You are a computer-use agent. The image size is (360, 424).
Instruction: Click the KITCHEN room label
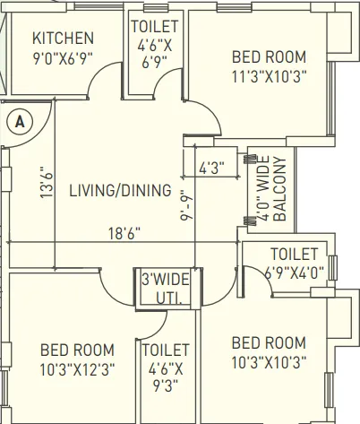click(x=63, y=39)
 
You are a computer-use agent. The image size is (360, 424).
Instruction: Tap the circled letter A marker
click(x=19, y=119)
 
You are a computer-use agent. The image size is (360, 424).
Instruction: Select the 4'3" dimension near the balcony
click(x=211, y=168)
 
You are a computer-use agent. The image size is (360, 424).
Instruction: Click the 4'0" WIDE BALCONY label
click(x=270, y=189)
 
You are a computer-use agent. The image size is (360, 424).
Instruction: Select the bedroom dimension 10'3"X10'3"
click(x=269, y=362)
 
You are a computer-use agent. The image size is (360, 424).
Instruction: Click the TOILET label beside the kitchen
click(x=155, y=26)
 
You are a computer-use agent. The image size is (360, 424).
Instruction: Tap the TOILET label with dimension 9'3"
click(x=166, y=350)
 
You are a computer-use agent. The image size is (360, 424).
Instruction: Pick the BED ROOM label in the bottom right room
click(x=269, y=342)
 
